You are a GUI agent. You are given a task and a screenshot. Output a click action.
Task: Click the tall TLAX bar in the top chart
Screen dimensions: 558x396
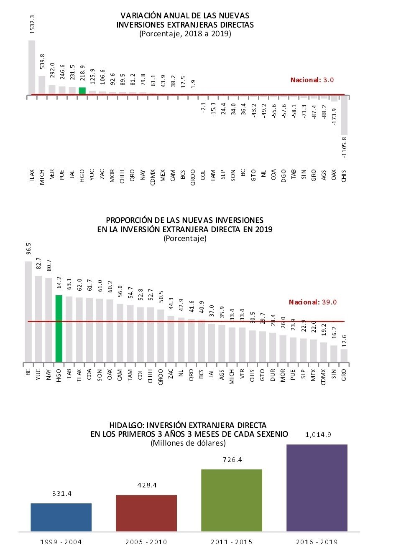[32, 67]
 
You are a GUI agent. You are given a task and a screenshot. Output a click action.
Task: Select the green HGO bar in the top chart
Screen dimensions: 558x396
[82, 91]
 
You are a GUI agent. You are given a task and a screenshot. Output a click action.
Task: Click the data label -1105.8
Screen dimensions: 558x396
[344, 147]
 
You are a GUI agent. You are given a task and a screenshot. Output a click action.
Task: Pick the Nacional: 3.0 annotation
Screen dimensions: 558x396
[312, 80]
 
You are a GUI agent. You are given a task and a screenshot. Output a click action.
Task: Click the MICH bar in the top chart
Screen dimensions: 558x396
[42, 85]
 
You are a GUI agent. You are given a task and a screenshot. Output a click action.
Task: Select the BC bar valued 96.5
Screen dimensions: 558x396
[28, 311]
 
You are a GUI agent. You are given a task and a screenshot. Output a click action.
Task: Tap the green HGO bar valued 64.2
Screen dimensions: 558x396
[59, 328]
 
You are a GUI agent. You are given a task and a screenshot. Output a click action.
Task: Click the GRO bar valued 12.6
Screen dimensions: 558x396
[344, 355]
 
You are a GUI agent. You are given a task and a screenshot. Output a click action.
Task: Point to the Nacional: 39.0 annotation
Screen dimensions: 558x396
[312, 302]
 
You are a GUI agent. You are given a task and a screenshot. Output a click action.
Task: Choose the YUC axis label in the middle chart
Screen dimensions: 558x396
[38, 373]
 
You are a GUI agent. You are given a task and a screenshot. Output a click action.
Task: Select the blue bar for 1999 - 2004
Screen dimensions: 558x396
[61, 517]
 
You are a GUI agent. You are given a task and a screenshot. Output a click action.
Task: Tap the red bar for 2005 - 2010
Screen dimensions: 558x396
[146, 513]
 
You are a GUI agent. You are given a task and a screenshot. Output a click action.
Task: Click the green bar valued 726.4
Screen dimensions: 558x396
[232, 500]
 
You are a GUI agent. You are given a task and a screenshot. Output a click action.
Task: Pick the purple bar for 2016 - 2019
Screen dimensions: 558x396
[317, 488]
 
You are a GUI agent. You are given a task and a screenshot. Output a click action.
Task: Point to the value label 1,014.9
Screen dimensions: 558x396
[318, 435]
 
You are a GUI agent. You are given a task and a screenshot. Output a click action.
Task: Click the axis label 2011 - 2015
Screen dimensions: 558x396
[231, 542]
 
